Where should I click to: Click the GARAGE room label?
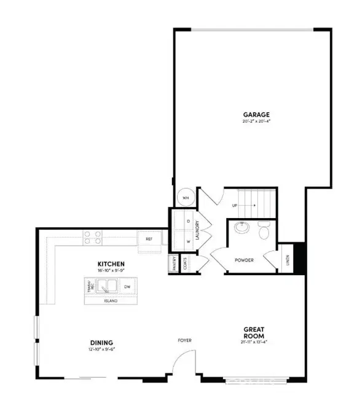coord(256,115)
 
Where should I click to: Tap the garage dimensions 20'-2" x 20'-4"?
coord(256,122)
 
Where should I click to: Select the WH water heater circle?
coord(186,198)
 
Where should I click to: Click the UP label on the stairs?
coord(235,206)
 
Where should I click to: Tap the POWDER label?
coord(244,260)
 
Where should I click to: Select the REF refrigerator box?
coord(149,239)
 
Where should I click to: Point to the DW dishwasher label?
coord(127,287)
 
